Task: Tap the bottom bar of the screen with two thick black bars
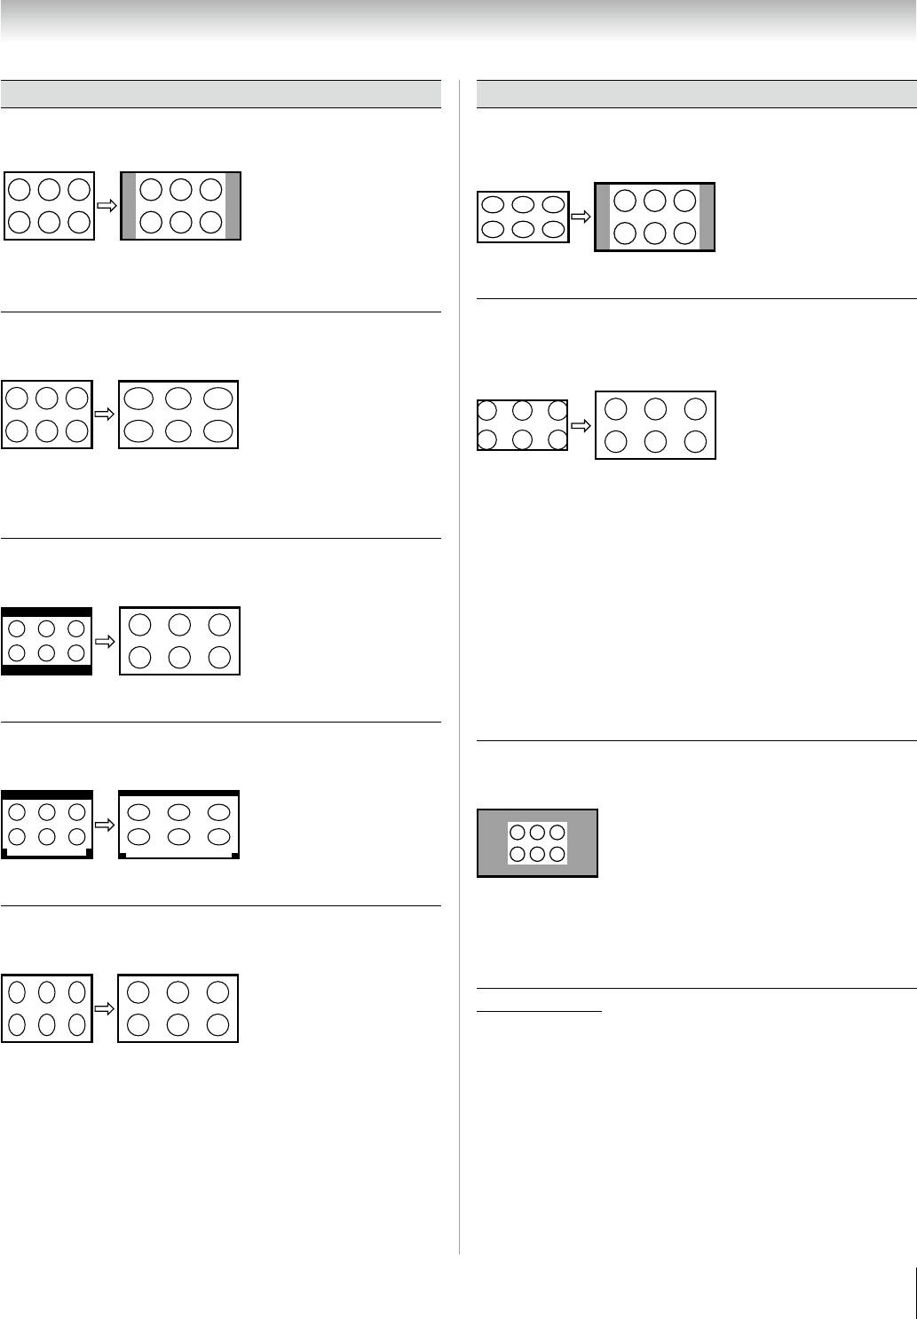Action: [47, 669]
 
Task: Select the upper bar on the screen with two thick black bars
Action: [47, 612]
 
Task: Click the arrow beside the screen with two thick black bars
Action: [106, 641]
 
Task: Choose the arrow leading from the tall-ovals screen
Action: [106, 1008]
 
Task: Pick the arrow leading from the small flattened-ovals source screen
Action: [581, 217]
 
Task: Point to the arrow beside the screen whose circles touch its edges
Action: [581, 425]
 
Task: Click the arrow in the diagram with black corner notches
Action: [106, 825]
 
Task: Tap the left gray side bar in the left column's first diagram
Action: [128, 206]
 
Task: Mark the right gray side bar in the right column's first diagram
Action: [707, 217]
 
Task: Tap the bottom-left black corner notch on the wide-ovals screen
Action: [123, 856]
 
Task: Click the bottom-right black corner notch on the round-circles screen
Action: [88, 852]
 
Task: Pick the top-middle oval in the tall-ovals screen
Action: [48, 991]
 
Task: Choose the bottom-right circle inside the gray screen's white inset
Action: [557, 854]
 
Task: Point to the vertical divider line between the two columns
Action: [460, 666]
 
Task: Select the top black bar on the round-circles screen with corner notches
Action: [47, 794]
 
